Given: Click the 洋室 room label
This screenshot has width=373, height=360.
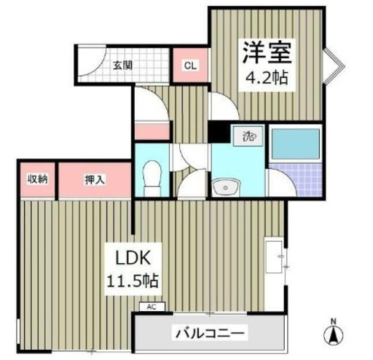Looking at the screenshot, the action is click(267, 52).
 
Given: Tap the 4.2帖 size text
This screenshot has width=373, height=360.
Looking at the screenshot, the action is click(267, 78).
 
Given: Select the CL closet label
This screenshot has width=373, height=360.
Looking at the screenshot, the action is click(190, 66).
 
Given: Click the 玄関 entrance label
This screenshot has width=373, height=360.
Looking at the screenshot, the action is click(122, 66).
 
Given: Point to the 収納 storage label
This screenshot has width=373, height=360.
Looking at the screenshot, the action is click(37, 179).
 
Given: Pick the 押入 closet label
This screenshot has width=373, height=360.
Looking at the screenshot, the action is click(95, 180).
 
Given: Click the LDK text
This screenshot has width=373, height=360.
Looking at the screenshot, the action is click(133, 258).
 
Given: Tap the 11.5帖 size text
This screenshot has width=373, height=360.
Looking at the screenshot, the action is click(133, 281).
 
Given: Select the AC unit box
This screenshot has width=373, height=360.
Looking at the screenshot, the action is click(152, 307).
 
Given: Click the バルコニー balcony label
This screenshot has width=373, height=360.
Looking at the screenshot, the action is click(210, 332).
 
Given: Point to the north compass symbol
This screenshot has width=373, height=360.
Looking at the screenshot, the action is click(334, 333).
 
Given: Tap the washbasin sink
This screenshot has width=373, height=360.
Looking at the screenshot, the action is click(225, 187).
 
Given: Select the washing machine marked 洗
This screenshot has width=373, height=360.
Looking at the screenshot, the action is click(248, 136).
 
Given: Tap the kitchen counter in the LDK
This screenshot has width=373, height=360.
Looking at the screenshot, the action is click(275, 257).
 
